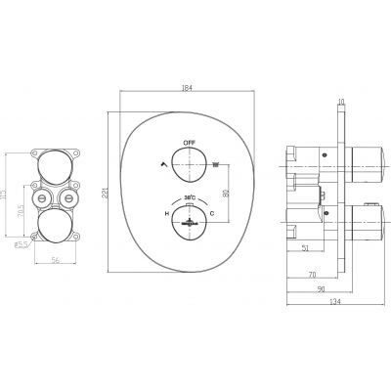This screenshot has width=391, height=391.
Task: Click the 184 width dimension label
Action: pyautogui.click(x=187, y=88)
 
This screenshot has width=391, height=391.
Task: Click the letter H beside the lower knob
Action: pyautogui.click(x=167, y=214)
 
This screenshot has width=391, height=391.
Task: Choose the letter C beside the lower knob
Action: pyautogui.click(x=211, y=214)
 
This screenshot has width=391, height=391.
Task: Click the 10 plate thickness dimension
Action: pyautogui.click(x=341, y=101)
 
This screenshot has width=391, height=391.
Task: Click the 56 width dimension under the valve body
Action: pyautogui.click(x=55, y=261)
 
